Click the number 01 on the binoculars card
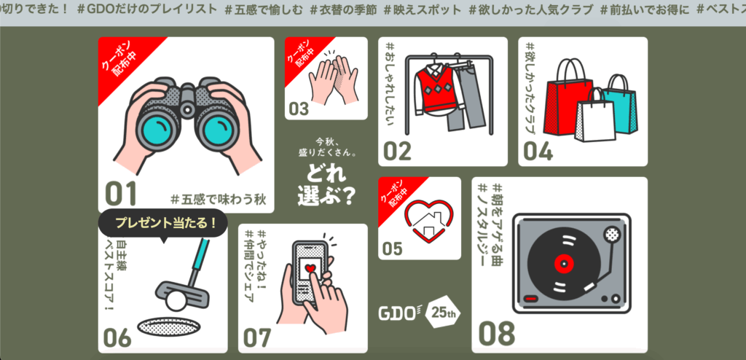pyautogui.click(x=121, y=193)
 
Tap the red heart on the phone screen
pyautogui.click(x=310, y=269)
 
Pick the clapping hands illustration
pyautogui.click(x=333, y=81)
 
